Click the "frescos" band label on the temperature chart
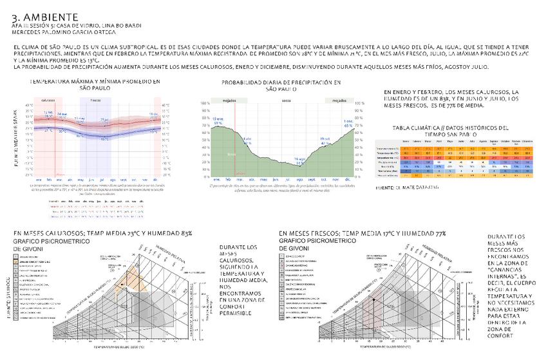[x=95, y=100]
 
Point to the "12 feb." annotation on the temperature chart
[x=48, y=113]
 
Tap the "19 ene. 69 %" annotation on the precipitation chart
[x=218, y=121]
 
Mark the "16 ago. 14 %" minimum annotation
[x=299, y=160]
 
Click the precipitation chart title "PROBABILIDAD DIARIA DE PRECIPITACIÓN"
[x=281, y=83]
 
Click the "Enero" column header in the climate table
[x=406, y=140]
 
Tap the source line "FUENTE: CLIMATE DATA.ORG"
[x=407, y=187]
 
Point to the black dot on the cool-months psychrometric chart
[x=373, y=299]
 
